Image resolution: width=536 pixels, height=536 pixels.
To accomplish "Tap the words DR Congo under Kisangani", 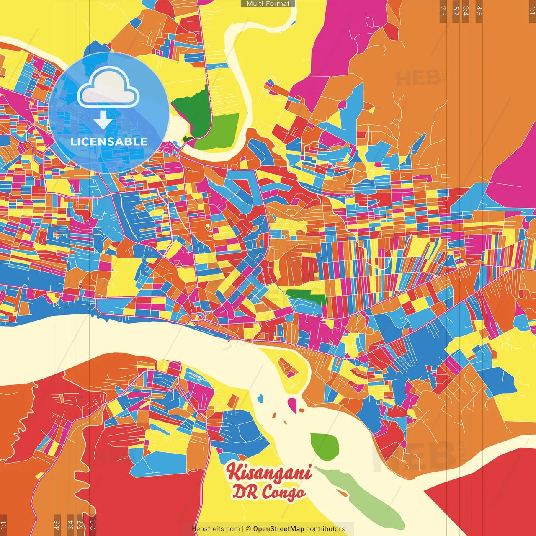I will point(268,492).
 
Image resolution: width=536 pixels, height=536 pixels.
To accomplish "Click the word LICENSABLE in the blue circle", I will point(109,142).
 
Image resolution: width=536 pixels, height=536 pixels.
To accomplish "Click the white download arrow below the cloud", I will point(103,120).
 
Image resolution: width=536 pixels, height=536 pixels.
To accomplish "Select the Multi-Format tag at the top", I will point(268,4).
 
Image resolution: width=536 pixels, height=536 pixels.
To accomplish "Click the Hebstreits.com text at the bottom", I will point(216,529).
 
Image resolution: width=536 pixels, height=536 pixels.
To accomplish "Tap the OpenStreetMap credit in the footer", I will point(278,529).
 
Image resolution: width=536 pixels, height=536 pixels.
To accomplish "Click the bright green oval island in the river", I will point(325,446).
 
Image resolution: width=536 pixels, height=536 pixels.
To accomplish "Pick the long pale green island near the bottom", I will point(360,496).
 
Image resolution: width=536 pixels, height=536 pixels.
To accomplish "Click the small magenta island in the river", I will point(292,405).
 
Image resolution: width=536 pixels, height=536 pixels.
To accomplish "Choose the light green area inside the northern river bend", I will point(218,132).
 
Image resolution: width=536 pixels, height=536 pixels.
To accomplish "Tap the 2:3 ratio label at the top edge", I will point(443,11).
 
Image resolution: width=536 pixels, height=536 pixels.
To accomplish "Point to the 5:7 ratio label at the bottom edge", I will point(80,524).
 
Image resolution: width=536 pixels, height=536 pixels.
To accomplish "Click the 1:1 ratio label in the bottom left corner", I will point(3,525).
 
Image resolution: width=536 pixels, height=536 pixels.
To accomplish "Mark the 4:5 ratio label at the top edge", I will point(479,11).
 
